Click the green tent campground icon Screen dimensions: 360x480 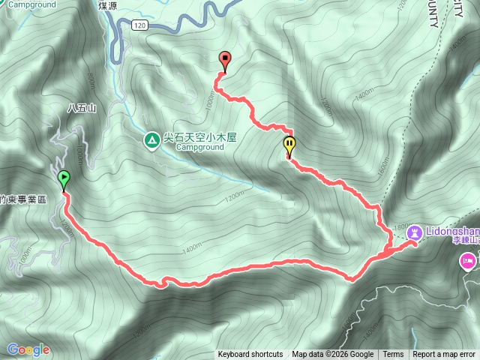tap(151, 139)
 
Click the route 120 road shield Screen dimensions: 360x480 tap(139, 25)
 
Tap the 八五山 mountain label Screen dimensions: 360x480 tap(82, 108)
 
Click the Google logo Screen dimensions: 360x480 tap(28, 349)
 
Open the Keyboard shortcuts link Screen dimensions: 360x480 tap(250, 355)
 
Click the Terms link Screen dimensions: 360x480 tap(393, 355)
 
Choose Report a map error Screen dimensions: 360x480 tap(444, 355)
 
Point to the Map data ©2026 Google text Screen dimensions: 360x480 tap(333, 355)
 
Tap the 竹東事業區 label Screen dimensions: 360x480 tap(23, 199)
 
